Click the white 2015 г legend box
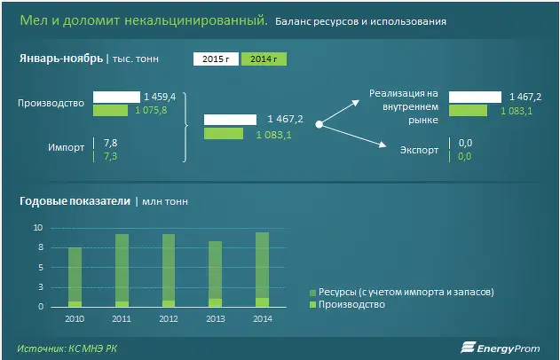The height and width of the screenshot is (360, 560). [x=216, y=59]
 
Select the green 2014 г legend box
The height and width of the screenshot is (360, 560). [x=264, y=59]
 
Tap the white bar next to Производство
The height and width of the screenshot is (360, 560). [x=116, y=97]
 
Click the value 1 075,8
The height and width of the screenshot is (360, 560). [x=151, y=110]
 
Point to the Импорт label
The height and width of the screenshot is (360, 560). [x=66, y=147]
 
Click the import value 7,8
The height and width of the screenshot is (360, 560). [x=110, y=143]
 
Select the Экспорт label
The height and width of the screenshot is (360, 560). [x=419, y=150]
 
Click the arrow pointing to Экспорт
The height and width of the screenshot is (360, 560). [x=353, y=135]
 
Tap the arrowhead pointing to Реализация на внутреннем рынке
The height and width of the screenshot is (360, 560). [x=355, y=103]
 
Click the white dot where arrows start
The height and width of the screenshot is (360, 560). [x=319, y=124]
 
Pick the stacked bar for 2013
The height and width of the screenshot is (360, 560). [x=215, y=274]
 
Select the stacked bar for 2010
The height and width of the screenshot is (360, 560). [x=75, y=278]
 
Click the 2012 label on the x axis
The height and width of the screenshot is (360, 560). [x=169, y=318]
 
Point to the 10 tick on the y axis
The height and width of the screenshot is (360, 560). [x=38, y=228]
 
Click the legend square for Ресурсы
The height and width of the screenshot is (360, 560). [x=313, y=293]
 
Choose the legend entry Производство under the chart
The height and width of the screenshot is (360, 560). [x=347, y=305]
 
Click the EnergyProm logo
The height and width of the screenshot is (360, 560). [x=500, y=348]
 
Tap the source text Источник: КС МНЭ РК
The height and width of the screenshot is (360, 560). [x=67, y=348]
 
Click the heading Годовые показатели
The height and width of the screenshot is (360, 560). [x=75, y=201]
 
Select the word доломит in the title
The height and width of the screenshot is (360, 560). [x=91, y=20]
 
